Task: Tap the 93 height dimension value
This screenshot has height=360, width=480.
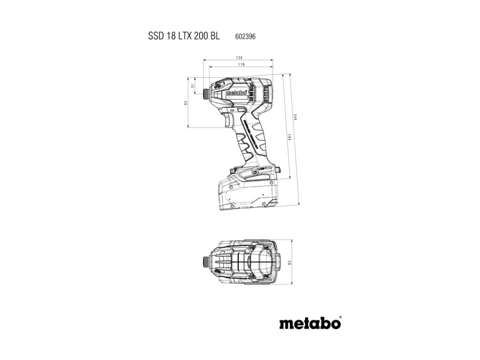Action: point(186,103)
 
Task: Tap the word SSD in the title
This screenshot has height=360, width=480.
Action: point(155,36)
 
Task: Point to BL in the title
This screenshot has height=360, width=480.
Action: point(215,36)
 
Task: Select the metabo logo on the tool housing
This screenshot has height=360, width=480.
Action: point(236,92)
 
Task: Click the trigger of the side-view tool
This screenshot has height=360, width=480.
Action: point(226,120)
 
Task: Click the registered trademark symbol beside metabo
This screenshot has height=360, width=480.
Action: point(341,318)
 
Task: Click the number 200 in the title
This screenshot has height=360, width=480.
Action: point(200,36)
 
